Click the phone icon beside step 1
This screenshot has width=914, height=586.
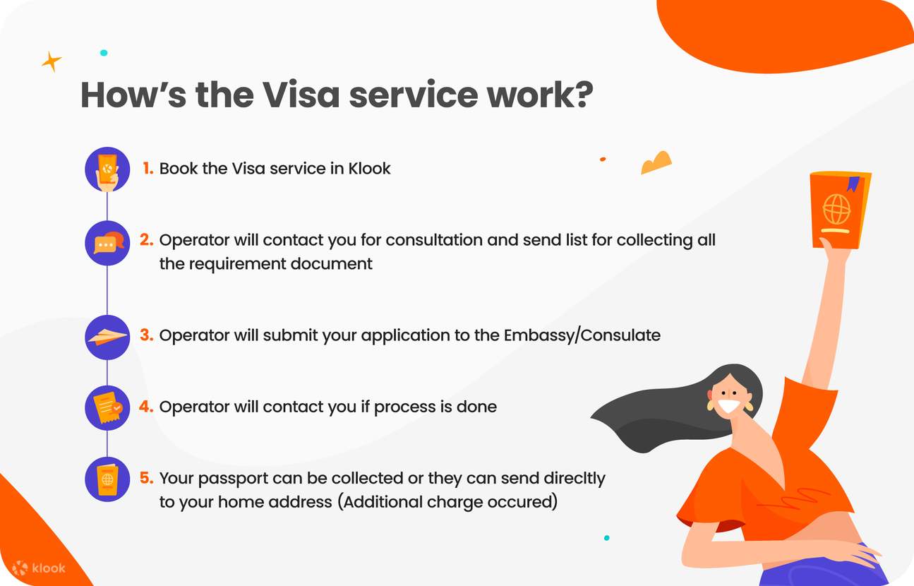coord(107,169)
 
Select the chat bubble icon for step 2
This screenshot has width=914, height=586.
coord(107,243)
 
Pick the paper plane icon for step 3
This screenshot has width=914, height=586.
coord(107,337)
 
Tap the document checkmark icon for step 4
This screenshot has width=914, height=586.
coord(107,407)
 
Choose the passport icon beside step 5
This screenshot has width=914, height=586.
coord(107,479)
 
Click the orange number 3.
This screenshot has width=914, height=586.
coord(146,335)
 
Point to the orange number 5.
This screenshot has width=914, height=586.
coord(146,478)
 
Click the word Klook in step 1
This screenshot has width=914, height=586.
coord(369,169)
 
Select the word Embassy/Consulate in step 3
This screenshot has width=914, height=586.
coord(582,335)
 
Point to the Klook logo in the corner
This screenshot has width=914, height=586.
coord(40,568)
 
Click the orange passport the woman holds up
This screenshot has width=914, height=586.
coord(839,209)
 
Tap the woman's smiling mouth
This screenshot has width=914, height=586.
coord(729,407)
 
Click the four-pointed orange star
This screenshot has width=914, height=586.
coord(51,61)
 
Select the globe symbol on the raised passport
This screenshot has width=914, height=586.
coord(836,209)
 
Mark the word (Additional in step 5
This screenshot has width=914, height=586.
coord(380,502)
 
